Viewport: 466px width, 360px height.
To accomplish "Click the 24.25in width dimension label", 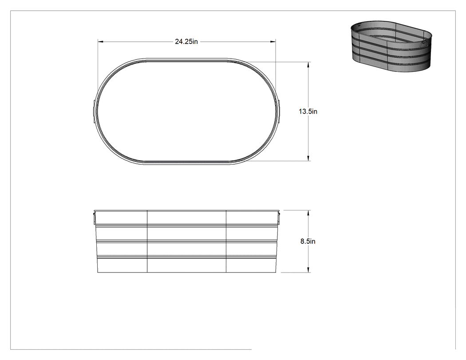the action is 186,42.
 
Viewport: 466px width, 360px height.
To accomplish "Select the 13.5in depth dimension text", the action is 308,111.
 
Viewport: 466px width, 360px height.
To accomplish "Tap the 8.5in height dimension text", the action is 308,241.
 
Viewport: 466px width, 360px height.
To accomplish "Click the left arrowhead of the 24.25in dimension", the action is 101,42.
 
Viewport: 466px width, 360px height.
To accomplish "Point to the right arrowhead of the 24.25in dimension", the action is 273,42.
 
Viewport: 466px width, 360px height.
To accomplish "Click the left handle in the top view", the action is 94,111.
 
